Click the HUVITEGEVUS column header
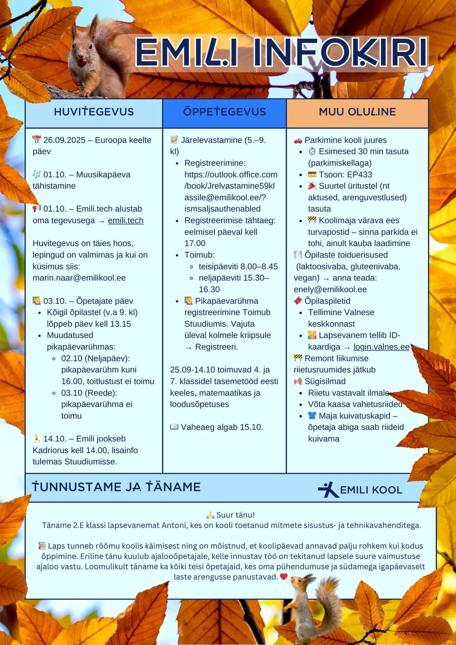94,112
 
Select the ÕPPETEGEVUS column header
224,112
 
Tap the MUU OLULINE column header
357,112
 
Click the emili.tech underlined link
125,220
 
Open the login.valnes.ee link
381,347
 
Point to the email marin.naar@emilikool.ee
79,278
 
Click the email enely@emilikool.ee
330,289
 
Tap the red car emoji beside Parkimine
298,140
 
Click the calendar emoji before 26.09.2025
37,140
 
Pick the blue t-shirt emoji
312,416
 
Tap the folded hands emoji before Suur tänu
210,514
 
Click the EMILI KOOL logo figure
328,489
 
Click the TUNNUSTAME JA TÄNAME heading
116,487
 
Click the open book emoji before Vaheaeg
174,427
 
